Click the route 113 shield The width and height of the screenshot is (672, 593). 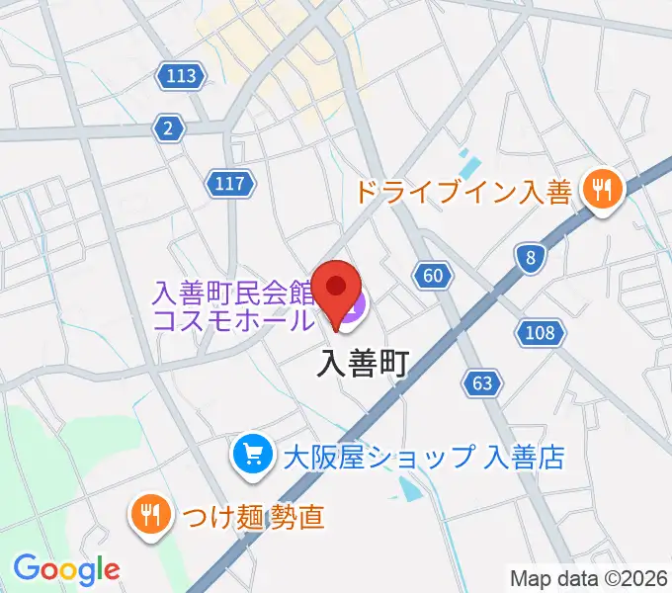(x=181, y=75)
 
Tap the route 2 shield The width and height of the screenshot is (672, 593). (x=169, y=127)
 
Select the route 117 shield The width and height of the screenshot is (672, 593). (x=231, y=182)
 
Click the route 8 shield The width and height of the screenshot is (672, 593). (x=531, y=259)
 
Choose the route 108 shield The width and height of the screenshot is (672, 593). (x=541, y=333)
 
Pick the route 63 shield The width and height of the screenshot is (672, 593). (x=482, y=382)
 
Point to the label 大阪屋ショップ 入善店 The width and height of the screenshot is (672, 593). (x=423, y=457)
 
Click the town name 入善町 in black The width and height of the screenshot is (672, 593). (x=363, y=366)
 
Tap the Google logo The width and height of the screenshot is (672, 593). (x=66, y=569)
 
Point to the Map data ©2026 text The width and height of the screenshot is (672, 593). (x=589, y=578)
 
